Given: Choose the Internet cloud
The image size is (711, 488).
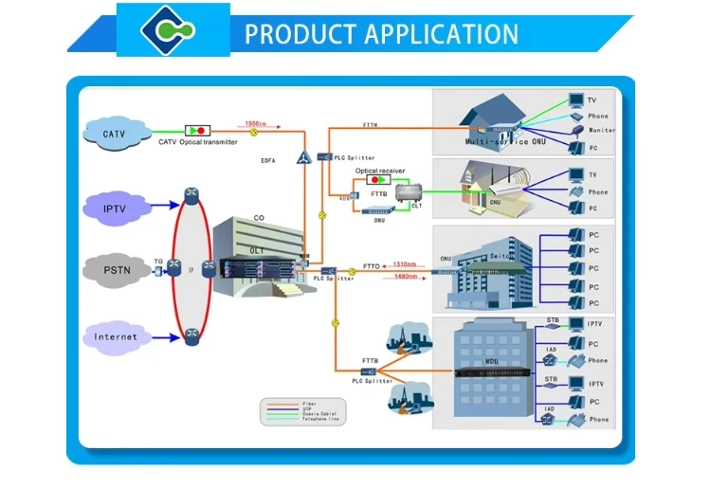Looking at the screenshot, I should click(x=115, y=336).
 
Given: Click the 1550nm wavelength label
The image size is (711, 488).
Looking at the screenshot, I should click(x=255, y=123).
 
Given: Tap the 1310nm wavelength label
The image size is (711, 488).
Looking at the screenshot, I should click(x=407, y=264).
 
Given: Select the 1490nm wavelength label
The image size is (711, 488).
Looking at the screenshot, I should click(x=407, y=276).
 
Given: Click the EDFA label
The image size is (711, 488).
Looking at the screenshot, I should click(x=269, y=161).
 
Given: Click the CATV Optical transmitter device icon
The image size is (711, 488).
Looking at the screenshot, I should click(x=198, y=129).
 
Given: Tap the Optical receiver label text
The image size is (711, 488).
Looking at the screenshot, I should click(x=379, y=171).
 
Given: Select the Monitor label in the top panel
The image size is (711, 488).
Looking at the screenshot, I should click(x=601, y=130).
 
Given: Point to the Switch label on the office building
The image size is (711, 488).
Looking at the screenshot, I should click(x=500, y=256).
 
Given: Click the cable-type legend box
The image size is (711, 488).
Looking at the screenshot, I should click(x=303, y=410).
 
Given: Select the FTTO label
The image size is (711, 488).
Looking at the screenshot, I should click(x=371, y=266).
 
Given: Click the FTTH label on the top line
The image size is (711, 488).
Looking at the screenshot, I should click(x=370, y=125).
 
